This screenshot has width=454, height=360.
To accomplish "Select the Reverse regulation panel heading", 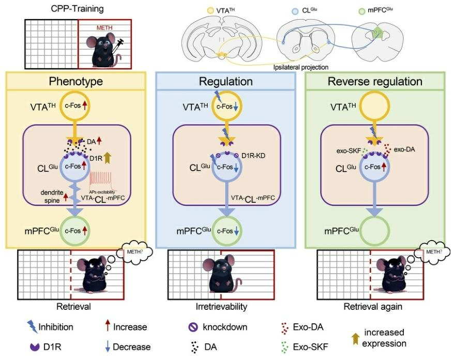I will click(x=378, y=82).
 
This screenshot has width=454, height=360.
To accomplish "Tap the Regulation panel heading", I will click(x=226, y=82).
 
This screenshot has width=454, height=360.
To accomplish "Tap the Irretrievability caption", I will click(x=222, y=306).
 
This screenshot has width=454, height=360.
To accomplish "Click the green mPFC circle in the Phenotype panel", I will click(x=76, y=229).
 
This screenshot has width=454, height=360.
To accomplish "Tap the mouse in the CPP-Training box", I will click(x=104, y=49).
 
